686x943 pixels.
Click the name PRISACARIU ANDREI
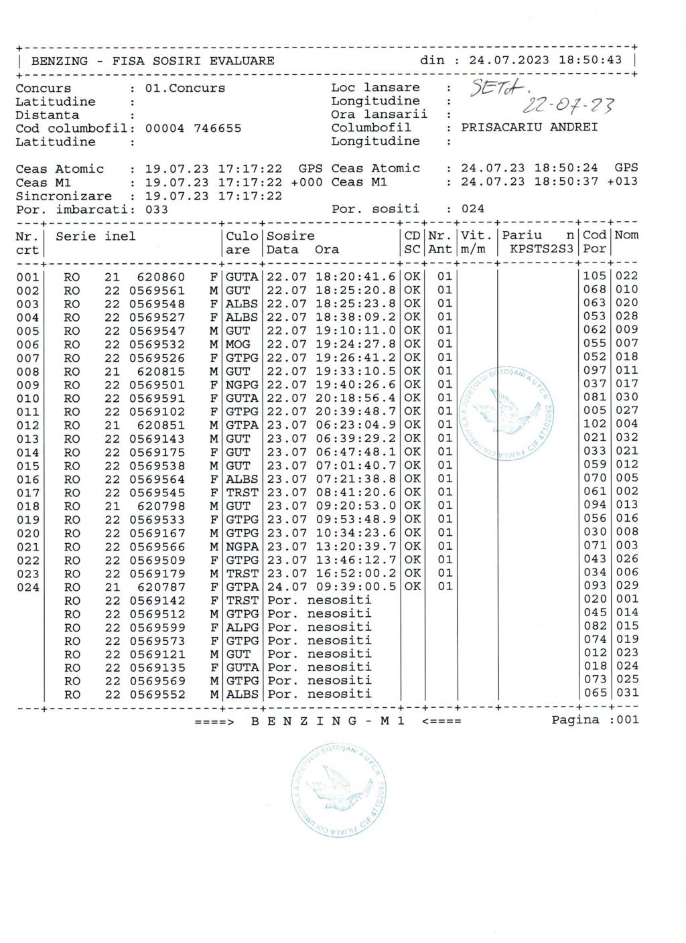click(x=529, y=127)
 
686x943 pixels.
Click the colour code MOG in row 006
click(x=238, y=344)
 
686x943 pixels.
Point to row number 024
click(x=27, y=587)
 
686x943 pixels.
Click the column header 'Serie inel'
click(x=95, y=236)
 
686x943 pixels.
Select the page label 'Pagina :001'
click(x=595, y=720)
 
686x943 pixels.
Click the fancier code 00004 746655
click(x=193, y=129)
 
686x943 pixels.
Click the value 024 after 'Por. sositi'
click(x=472, y=209)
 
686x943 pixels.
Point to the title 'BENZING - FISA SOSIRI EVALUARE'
click(x=153, y=61)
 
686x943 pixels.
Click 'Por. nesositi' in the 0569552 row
click(x=319, y=694)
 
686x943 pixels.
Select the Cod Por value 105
click(x=594, y=276)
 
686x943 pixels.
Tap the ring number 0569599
click(x=157, y=627)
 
